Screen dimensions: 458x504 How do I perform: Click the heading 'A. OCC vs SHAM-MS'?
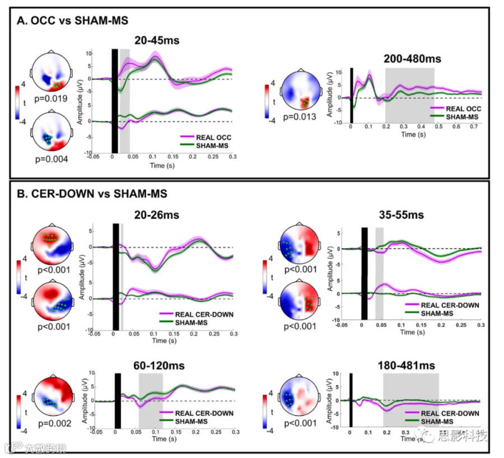click(x=73, y=21)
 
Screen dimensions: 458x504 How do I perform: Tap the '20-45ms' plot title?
click(x=156, y=40)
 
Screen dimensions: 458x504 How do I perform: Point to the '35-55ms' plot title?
click(x=399, y=214)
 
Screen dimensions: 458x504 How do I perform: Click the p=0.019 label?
click(x=52, y=99)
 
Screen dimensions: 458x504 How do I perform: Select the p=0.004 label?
click(x=52, y=159)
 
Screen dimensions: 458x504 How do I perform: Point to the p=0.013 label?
click(x=301, y=116)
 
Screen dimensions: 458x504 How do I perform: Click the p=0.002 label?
click(x=52, y=423)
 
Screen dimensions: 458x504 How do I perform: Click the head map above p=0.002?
click(x=52, y=395)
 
